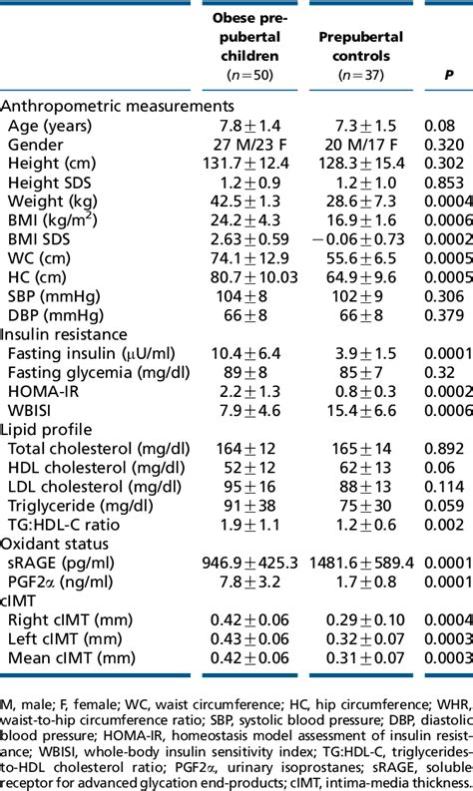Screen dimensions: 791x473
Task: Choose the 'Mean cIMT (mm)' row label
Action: (72, 657)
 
